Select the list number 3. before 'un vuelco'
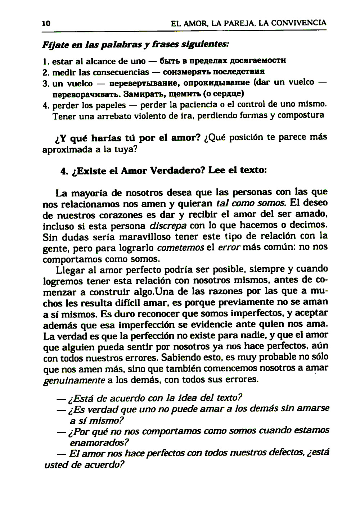[x=45, y=83]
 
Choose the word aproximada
[x=67, y=150]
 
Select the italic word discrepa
[x=168, y=226]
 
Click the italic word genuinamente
[x=74, y=380]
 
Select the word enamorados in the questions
[x=99, y=442]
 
